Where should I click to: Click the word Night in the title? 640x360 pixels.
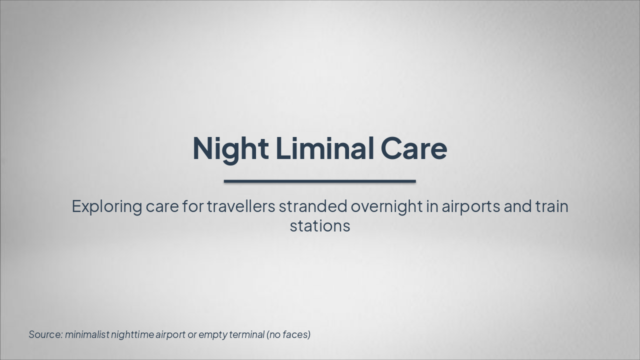(230, 148)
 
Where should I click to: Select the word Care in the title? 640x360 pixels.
(413, 148)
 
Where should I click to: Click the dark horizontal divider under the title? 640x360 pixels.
(319, 181)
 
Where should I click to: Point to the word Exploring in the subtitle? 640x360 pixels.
(106, 206)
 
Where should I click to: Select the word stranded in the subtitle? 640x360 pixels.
(312, 206)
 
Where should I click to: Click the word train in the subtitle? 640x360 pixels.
(551, 206)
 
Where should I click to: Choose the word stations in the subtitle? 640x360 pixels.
(319, 226)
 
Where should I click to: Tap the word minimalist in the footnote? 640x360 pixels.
(87, 334)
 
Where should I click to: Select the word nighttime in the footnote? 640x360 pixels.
(132, 334)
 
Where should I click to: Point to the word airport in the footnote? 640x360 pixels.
(170, 334)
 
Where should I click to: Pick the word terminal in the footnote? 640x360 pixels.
(245, 334)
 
